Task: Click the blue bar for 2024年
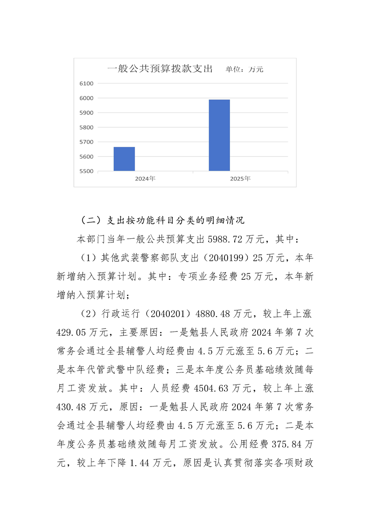(x=124, y=159)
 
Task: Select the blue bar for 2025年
(x=219, y=135)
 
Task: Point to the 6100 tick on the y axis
(x=87, y=83)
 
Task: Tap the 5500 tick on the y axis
(x=87, y=171)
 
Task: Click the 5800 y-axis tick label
(x=87, y=127)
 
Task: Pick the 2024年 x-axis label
(x=145, y=179)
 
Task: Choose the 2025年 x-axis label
(x=240, y=179)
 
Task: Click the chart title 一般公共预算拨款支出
(x=160, y=69)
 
